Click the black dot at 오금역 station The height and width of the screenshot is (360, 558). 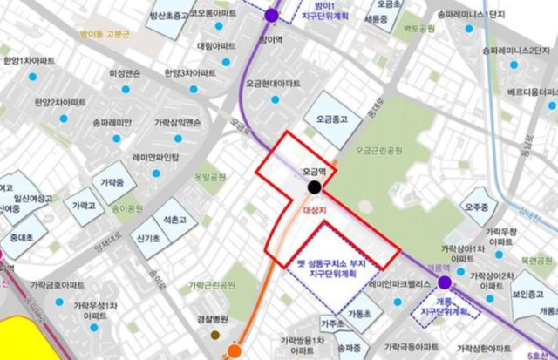[313, 187]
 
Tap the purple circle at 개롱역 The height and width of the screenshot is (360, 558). [445, 282]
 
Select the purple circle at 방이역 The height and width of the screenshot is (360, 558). [272, 15]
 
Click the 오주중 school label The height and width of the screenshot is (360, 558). [477, 207]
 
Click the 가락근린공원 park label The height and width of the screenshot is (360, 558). [213, 285]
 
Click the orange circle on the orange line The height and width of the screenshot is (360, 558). [234, 351]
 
